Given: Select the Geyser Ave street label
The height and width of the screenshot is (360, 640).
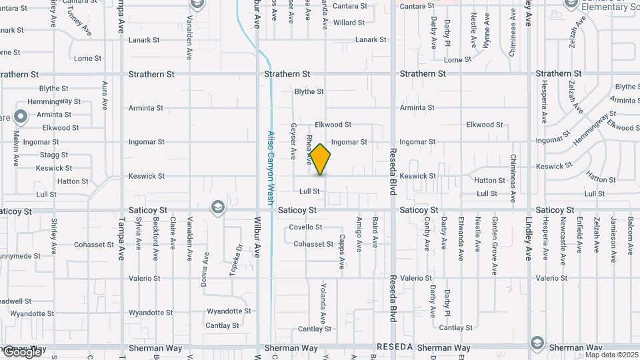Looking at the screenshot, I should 293,141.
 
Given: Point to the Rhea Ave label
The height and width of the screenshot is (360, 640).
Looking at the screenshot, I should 309,150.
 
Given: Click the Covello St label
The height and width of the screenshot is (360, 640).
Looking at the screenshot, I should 305,227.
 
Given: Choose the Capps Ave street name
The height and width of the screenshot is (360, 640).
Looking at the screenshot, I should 341,251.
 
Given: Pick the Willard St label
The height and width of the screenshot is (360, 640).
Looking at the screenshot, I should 349,23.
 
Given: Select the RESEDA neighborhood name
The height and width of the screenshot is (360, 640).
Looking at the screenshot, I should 396,347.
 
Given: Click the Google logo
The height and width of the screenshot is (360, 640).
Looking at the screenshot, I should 22,351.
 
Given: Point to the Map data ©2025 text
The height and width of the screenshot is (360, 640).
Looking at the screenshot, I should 611,355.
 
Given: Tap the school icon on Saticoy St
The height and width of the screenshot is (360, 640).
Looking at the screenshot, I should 217,207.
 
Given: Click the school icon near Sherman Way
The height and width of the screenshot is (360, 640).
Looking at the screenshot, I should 537,343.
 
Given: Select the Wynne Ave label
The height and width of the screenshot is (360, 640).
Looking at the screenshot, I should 487,30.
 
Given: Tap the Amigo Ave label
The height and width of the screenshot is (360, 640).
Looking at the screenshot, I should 359,234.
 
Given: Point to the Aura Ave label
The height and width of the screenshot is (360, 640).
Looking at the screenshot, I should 105,95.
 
